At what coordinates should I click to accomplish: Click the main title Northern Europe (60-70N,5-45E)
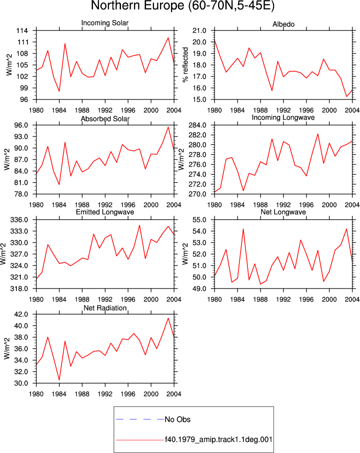pos(182,6)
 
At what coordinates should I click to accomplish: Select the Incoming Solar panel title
pos(105,23)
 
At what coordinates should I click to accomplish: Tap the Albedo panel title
pos(283,24)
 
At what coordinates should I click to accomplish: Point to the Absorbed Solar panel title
pos(105,118)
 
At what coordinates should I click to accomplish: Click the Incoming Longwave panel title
pos(283,117)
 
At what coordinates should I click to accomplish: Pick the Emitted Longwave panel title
pos(105,212)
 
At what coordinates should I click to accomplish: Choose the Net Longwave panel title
pos(283,212)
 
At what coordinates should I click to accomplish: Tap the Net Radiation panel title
pos(105,308)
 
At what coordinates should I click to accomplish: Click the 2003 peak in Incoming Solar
pos(168,38)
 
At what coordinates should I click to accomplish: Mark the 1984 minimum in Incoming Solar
pos(59,91)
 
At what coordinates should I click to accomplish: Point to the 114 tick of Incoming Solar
pos(22,30)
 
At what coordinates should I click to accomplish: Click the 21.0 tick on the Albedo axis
pos(199,30)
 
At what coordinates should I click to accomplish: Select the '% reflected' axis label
pos(185,65)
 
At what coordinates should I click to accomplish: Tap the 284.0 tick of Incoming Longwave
pos(197,125)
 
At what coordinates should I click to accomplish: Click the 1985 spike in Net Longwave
pos(243,229)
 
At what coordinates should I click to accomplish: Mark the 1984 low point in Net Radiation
pos(59,380)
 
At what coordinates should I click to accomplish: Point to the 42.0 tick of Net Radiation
pos(21,314)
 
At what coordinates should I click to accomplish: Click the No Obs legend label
pos(177,419)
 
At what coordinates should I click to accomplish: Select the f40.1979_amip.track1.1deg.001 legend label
pos(218,439)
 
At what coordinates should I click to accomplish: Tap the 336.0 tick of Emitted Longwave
pos(19,220)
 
